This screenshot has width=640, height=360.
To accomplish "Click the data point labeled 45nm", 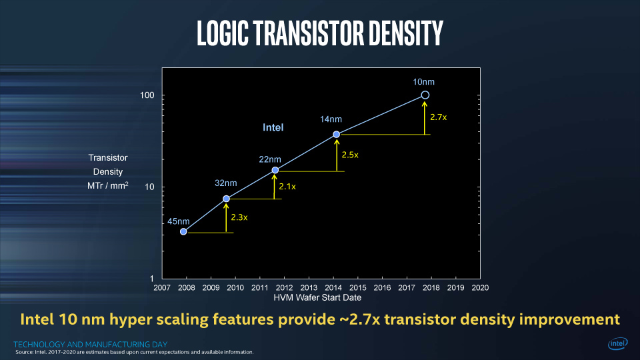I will click(183, 232).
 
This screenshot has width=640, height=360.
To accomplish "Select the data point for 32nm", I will click(226, 199).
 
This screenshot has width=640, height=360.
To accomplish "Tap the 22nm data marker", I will click(275, 170).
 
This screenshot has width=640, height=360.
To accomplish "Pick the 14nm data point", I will click(336, 135).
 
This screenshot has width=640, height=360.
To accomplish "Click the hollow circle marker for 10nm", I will click(425, 95).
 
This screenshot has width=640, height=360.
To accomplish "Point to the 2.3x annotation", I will click(239, 217).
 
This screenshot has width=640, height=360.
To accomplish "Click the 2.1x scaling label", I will click(287, 186).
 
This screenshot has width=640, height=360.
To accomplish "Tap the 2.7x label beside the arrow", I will click(438, 117).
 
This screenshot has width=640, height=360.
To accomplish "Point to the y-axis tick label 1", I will click(152, 278).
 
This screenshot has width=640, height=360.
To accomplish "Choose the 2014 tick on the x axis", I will click(333, 288).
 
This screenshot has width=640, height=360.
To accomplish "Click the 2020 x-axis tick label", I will click(480, 288).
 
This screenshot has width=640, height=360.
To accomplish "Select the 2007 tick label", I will click(162, 288).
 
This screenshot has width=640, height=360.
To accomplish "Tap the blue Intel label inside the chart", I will click(273, 127).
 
